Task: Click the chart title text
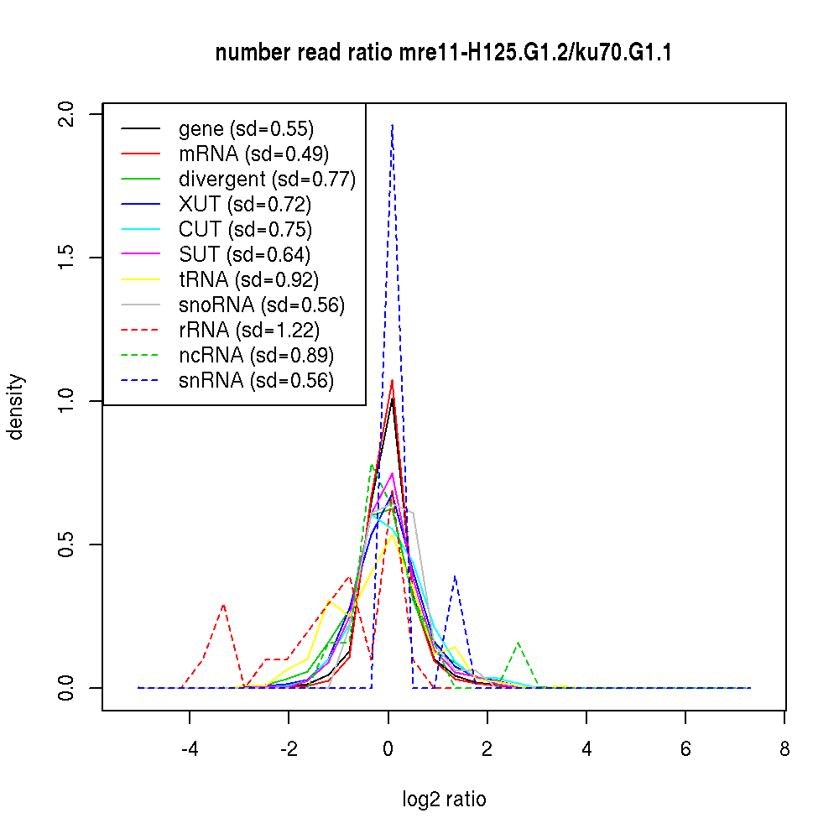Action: [x=444, y=54]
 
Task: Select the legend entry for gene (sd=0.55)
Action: [x=246, y=129]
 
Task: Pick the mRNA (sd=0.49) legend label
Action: [x=253, y=154]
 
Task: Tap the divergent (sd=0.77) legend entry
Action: [x=267, y=180]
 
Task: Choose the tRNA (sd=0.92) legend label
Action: [x=248, y=280]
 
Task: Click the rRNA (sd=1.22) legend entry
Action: [x=248, y=331]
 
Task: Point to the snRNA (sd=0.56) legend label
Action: [x=256, y=381]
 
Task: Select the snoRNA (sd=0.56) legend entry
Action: [x=261, y=305]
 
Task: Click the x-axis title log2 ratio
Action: [x=444, y=800]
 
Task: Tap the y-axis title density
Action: [x=16, y=407]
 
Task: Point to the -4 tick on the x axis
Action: [x=190, y=748]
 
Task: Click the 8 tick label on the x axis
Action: [x=784, y=748]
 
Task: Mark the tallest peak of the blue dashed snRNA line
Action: [x=392, y=125]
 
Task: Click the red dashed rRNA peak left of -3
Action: [x=224, y=604]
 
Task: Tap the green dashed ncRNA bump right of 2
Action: [x=519, y=642]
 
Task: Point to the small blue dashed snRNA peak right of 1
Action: [x=454, y=576]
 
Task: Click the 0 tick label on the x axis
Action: [x=388, y=748]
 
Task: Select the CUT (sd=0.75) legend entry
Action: [x=245, y=230]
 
